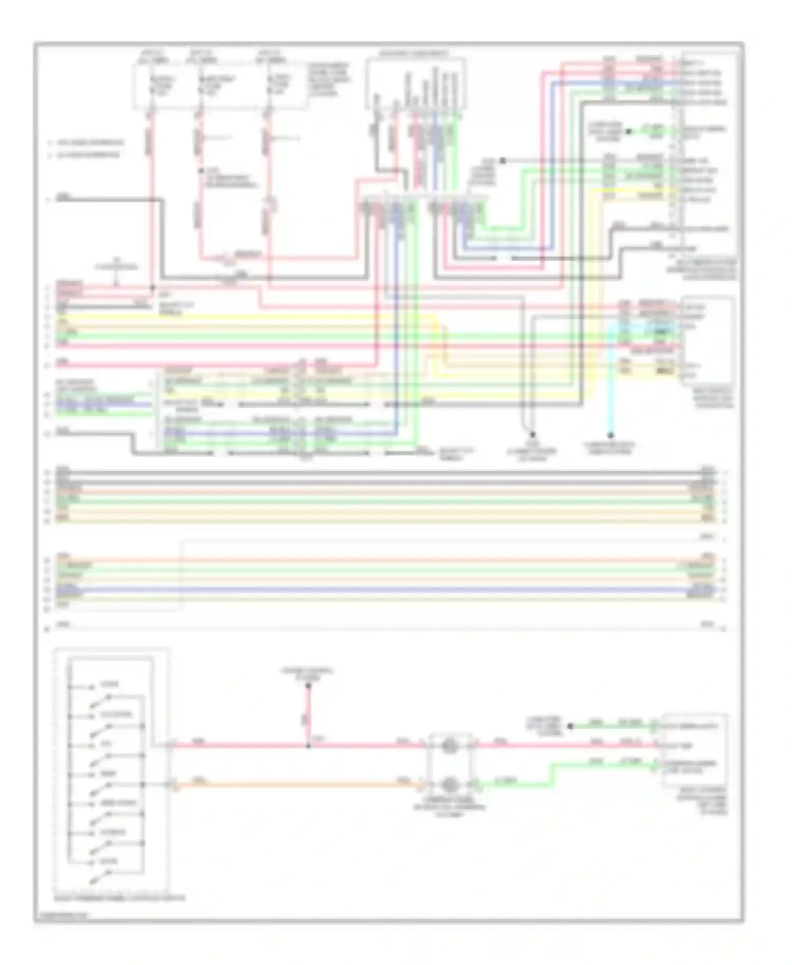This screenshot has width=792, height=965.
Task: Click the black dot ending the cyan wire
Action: coord(610,436)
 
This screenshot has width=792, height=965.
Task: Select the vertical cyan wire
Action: coord(610,380)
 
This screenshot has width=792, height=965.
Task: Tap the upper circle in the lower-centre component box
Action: coord(449,746)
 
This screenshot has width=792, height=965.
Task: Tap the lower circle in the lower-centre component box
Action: coord(449,785)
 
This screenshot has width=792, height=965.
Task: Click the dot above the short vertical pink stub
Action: coord(308,686)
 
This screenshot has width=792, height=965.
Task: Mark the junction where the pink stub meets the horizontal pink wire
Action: coord(308,746)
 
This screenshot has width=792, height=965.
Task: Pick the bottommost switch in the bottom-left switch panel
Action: coord(100,879)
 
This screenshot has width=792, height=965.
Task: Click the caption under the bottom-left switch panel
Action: coord(119,897)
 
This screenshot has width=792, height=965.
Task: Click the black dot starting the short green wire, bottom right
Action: coord(570,726)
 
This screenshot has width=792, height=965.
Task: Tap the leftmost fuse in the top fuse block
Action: coord(151,85)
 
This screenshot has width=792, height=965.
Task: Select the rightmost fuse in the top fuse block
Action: coord(269,85)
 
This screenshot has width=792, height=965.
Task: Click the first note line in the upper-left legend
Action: coord(87,143)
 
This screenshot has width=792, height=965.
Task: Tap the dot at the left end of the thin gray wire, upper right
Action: coord(503,160)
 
